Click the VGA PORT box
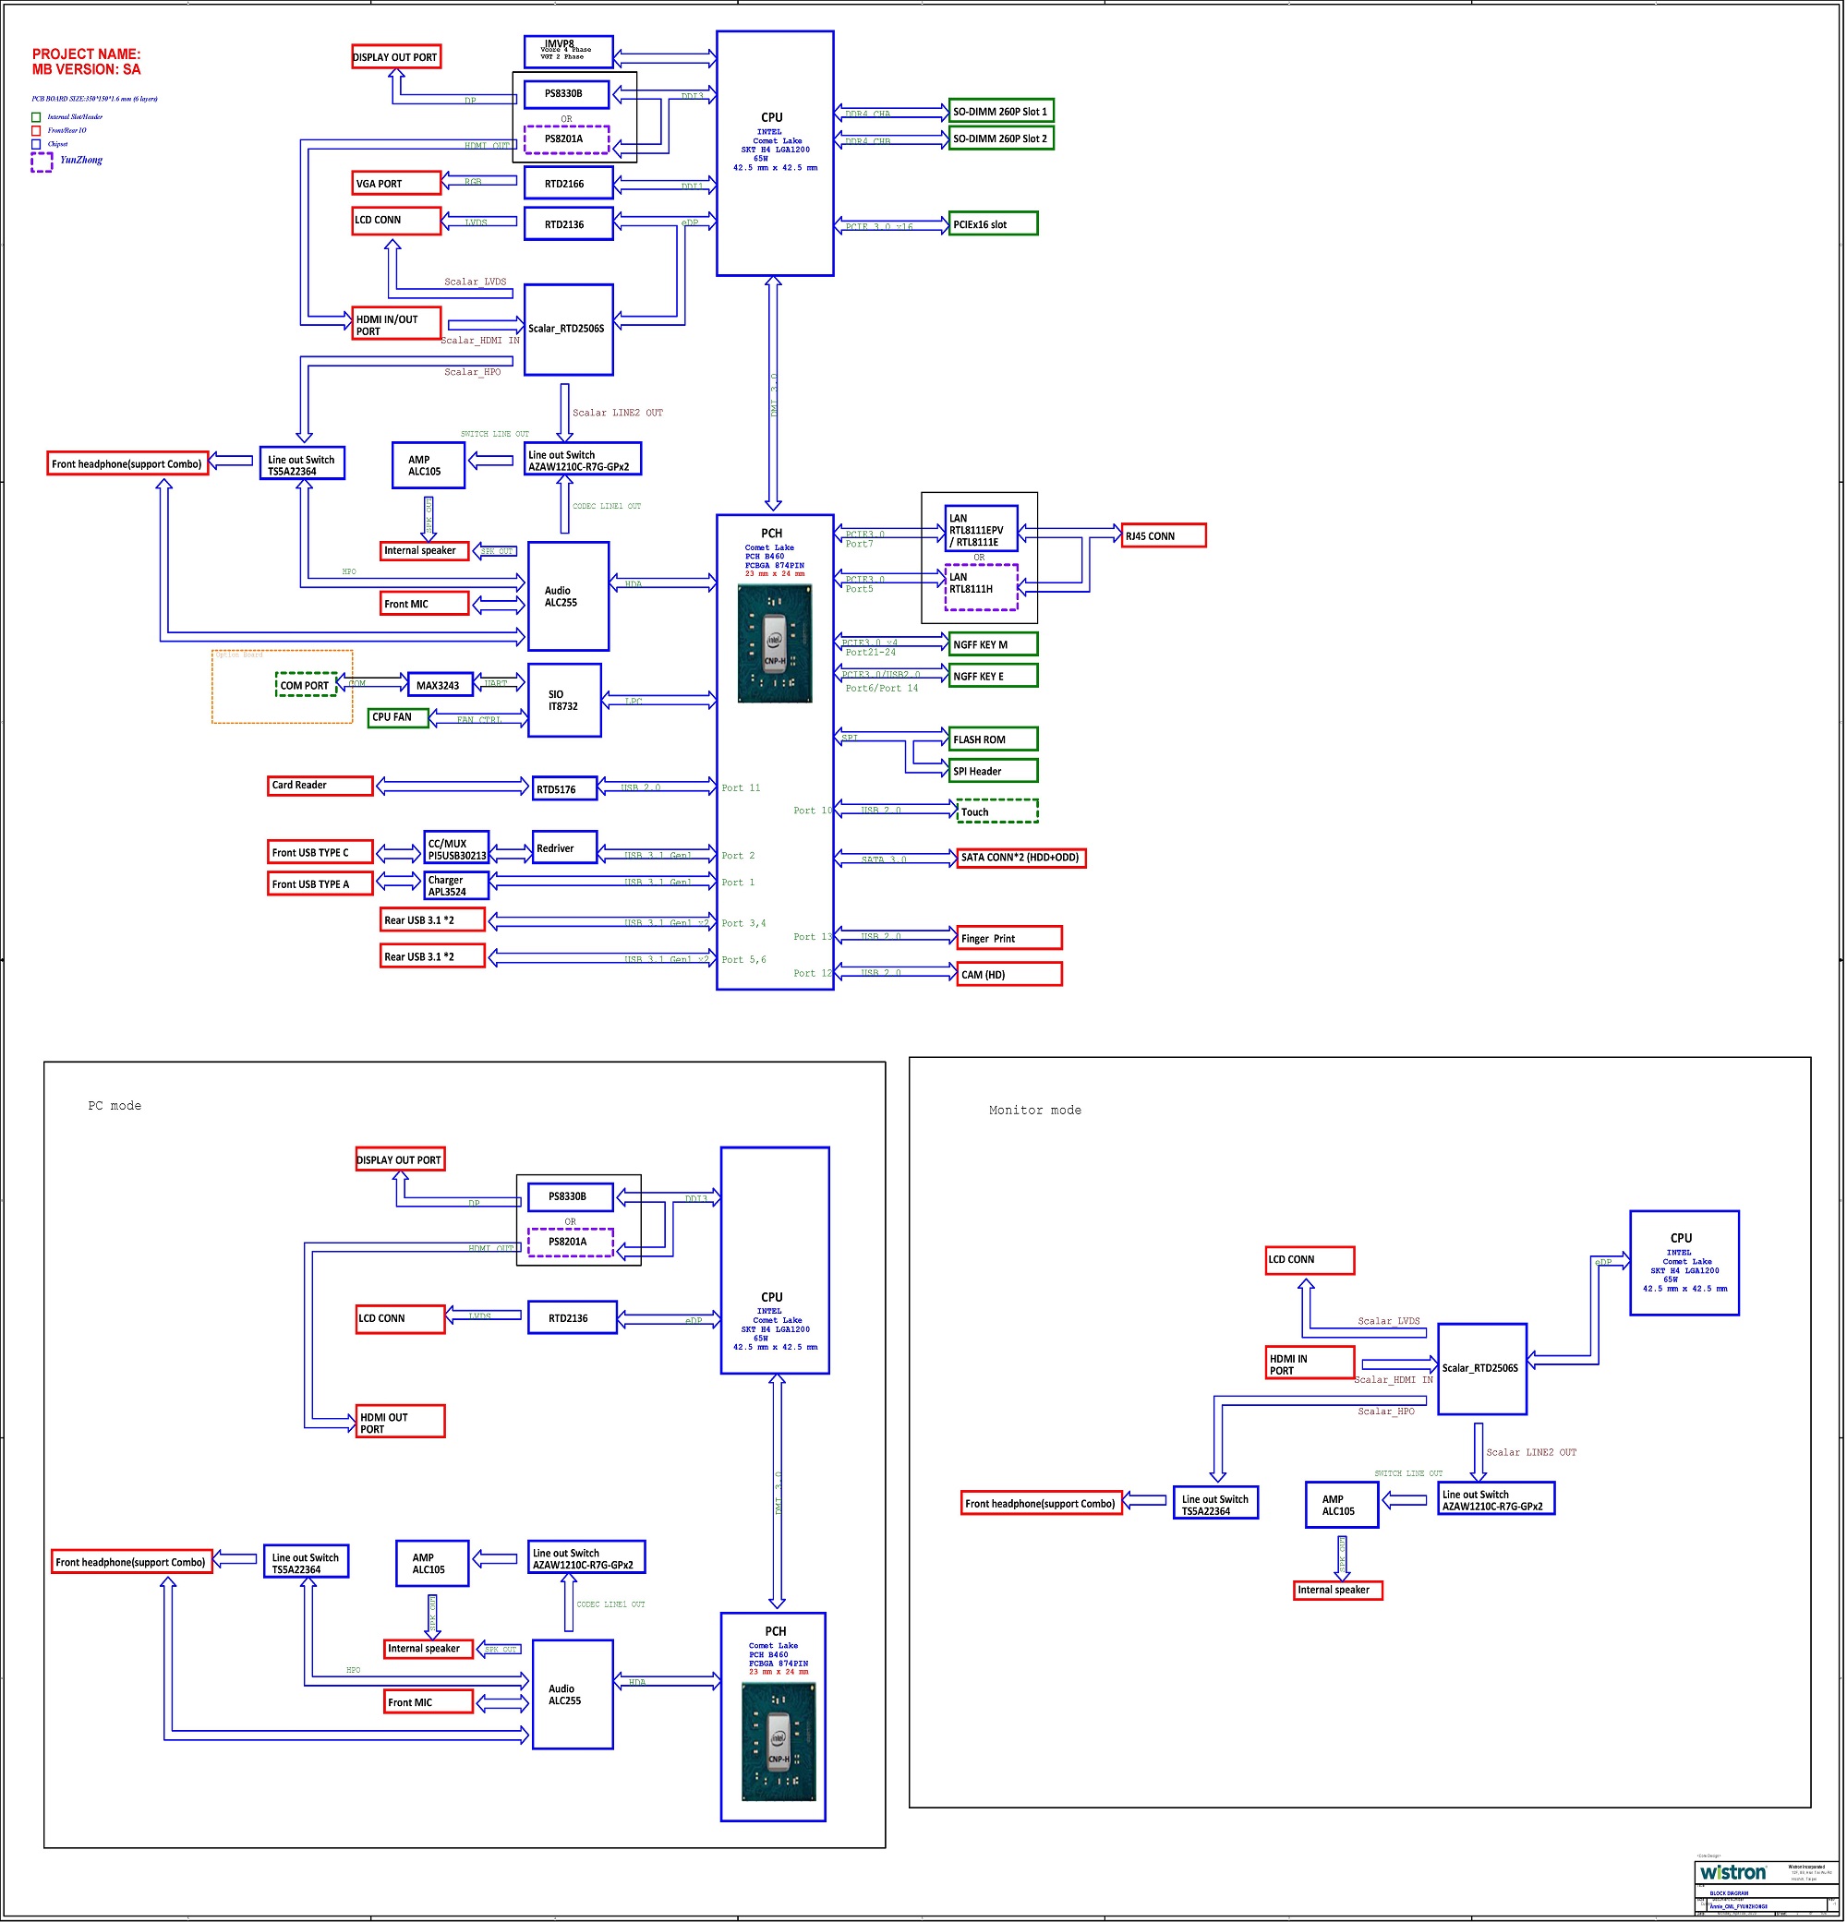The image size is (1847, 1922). click(396, 184)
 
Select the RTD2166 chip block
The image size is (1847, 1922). click(568, 184)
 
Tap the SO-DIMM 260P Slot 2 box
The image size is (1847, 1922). click(1000, 138)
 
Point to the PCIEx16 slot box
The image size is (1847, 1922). click(993, 224)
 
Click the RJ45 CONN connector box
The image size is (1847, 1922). click(1164, 535)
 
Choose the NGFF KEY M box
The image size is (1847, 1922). click(993, 644)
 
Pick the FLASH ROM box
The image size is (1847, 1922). click(993, 739)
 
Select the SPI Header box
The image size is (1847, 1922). click(993, 771)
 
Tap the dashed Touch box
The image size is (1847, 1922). click(996, 811)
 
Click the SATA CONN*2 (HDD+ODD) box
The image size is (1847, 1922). click(1020, 857)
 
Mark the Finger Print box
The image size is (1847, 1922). click(1008, 938)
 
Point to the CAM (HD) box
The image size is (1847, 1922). click(1008, 974)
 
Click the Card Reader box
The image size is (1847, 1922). click(320, 786)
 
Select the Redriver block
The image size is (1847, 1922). click(564, 848)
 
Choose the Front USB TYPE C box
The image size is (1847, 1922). click(320, 852)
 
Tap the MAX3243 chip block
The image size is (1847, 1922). click(439, 686)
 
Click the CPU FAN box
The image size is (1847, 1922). click(397, 717)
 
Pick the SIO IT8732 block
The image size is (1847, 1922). click(564, 700)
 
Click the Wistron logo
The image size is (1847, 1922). click(1732, 1872)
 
